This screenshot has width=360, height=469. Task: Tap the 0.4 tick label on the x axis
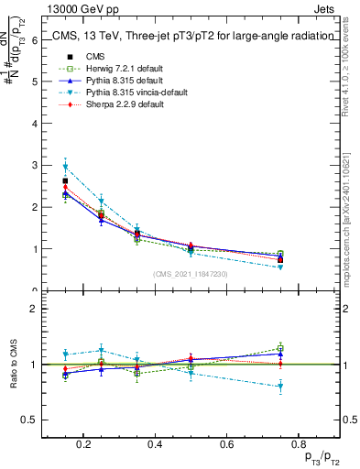154,444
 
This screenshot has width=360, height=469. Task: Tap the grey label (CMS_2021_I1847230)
190,274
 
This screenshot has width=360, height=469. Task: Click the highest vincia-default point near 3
66,166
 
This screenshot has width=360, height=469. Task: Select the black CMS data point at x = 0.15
66,181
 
